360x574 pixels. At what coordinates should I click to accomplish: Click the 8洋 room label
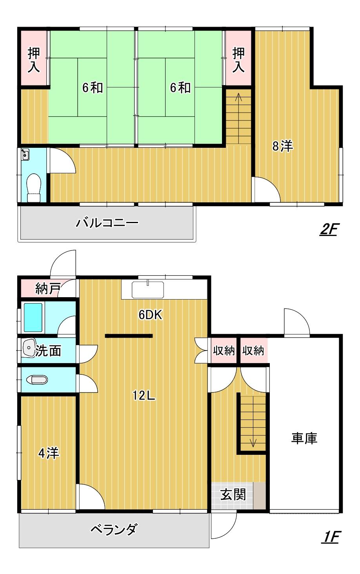click(x=283, y=146)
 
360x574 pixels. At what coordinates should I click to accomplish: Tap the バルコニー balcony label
click(x=107, y=223)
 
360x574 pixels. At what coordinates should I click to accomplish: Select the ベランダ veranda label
click(x=114, y=530)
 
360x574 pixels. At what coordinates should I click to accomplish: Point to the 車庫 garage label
click(x=304, y=438)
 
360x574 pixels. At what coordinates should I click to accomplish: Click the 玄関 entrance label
click(x=233, y=495)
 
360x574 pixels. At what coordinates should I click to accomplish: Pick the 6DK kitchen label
click(x=151, y=314)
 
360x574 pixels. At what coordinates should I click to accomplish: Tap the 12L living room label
click(x=144, y=396)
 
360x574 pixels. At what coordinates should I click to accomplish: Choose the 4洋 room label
click(x=48, y=453)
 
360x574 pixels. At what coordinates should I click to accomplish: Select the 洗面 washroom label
click(x=48, y=351)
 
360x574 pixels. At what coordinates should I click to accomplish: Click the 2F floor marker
click(x=329, y=229)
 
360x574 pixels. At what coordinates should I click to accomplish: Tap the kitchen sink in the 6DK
click(x=147, y=290)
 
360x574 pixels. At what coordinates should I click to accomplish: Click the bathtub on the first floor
click(x=33, y=317)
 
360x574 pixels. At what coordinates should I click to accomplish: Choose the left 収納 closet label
click(x=224, y=351)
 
